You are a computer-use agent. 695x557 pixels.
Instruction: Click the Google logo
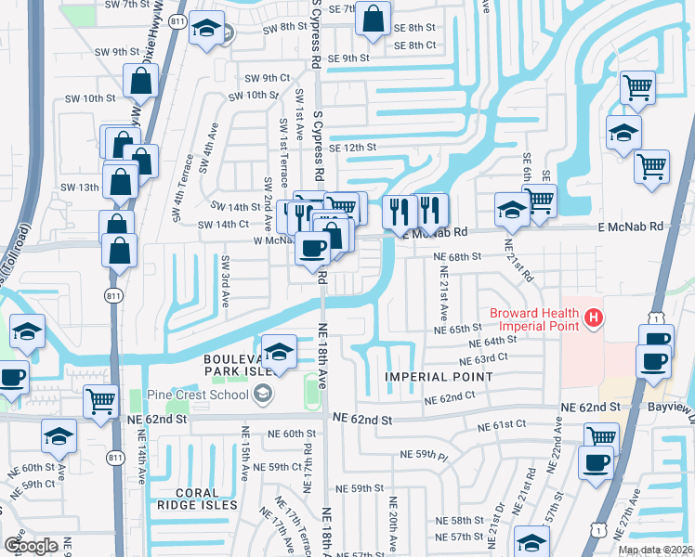31,546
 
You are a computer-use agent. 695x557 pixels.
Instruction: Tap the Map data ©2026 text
655,550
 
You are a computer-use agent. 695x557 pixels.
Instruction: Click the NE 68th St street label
456,255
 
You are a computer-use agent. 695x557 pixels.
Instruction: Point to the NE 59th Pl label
424,455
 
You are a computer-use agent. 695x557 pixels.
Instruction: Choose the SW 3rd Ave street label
226,283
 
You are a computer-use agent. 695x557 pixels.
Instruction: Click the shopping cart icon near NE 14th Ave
100,401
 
